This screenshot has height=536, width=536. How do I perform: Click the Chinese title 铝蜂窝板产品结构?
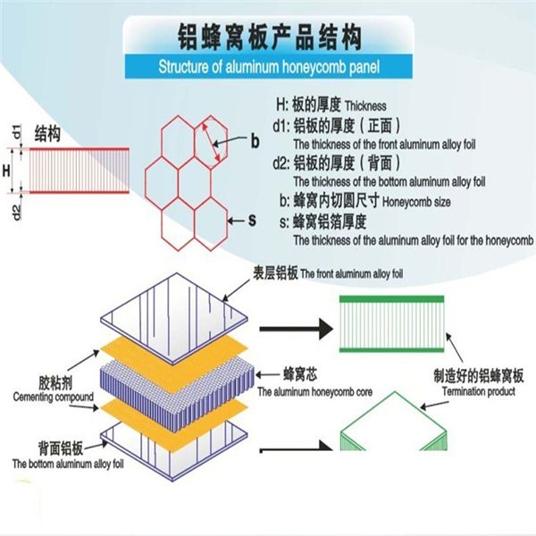[x=268, y=37]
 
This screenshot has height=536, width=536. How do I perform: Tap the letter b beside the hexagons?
[x=255, y=140]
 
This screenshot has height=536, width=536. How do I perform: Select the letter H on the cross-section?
[x=7, y=170]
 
